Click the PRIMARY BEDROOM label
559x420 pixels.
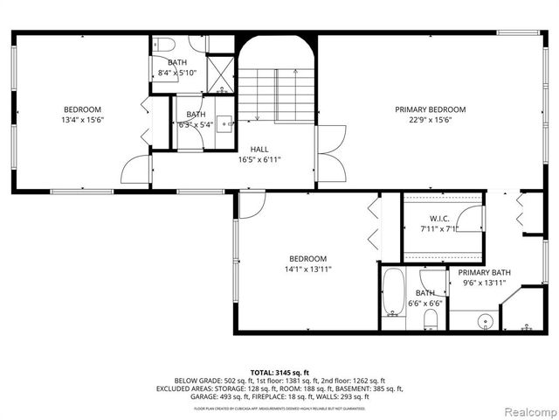click(430, 109)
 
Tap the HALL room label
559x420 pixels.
click(259, 150)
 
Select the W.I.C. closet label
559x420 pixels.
click(439, 219)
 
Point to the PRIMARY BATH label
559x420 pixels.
click(484, 272)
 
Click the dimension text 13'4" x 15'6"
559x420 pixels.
click(82, 119)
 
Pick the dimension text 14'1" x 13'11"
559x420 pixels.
click(308, 269)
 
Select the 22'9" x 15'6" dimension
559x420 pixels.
click(430, 121)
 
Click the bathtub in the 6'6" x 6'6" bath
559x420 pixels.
click(392, 297)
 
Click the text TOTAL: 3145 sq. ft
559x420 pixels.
click(281, 372)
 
